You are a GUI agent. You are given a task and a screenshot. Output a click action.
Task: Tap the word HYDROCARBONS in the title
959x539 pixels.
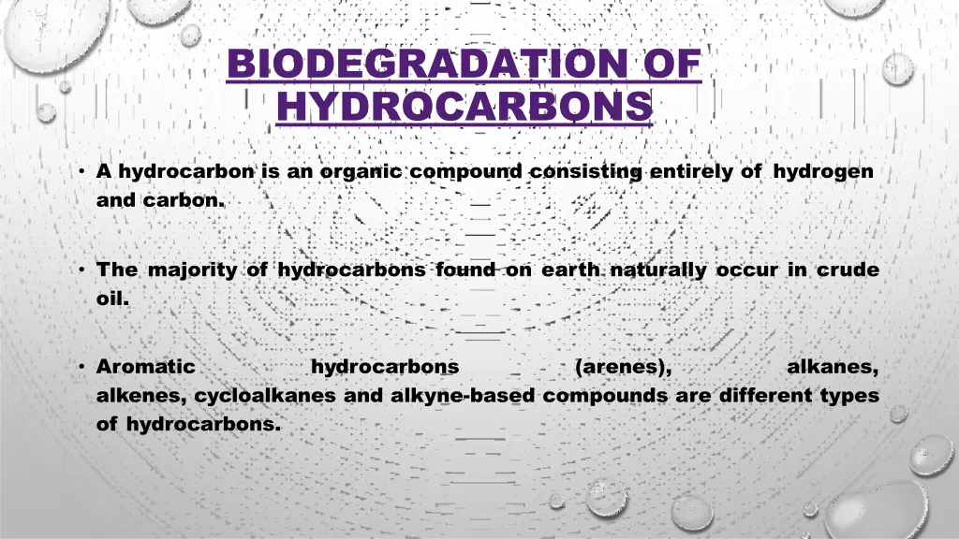click(x=465, y=106)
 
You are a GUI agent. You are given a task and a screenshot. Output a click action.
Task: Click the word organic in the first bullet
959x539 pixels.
click(x=361, y=171)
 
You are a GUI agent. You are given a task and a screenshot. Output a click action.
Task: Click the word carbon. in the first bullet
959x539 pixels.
click(x=185, y=199)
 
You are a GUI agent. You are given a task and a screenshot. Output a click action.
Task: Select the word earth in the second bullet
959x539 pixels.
click(x=570, y=270)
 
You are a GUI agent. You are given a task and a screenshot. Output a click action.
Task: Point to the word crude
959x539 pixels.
click(x=848, y=270)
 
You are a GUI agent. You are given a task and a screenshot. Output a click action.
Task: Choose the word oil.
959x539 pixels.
click(x=112, y=299)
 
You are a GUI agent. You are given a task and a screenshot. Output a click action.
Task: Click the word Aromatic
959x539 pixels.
click(x=146, y=367)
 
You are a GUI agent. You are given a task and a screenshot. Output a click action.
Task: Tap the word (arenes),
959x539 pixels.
click(x=624, y=367)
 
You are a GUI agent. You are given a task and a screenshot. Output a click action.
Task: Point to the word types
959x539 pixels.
click(x=849, y=395)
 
